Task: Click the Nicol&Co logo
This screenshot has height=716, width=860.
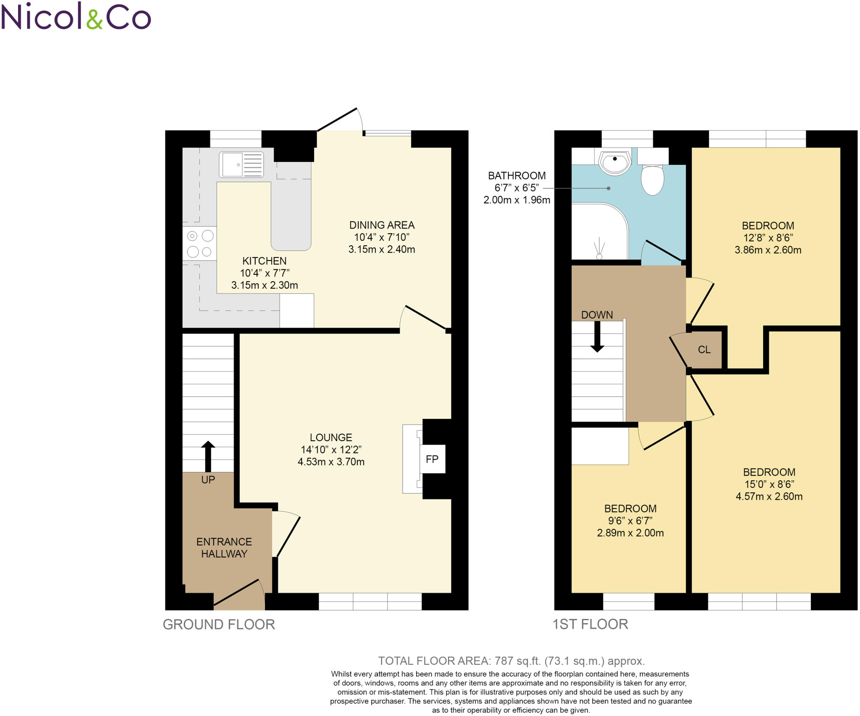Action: pyautogui.click(x=76, y=17)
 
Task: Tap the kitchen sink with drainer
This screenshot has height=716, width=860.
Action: pyautogui.click(x=241, y=164)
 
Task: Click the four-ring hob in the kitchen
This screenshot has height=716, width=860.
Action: pyautogui.click(x=200, y=243)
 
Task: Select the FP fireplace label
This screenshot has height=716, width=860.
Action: pyautogui.click(x=432, y=459)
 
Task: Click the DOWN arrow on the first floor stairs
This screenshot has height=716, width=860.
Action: pyautogui.click(x=597, y=336)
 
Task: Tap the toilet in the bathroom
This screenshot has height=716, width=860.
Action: pyautogui.click(x=652, y=179)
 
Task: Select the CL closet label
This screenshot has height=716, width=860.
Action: pyautogui.click(x=704, y=350)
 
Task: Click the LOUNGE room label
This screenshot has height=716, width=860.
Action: pyautogui.click(x=331, y=437)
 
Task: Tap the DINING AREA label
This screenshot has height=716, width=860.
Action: pyautogui.click(x=382, y=225)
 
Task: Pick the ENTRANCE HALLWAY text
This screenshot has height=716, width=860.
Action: pyautogui.click(x=224, y=548)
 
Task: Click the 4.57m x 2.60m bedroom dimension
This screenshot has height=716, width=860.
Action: pyautogui.click(x=769, y=496)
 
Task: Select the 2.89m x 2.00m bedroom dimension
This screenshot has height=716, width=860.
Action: pyautogui.click(x=630, y=533)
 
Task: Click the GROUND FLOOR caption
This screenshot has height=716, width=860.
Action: pyautogui.click(x=219, y=624)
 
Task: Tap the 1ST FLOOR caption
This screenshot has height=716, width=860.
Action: pyautogui.click(x=590, y=624)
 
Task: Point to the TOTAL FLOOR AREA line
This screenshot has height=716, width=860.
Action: pyautogui.click(x=511, y=661)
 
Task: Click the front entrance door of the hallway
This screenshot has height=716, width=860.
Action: pyautogui.click(x=239, y=594)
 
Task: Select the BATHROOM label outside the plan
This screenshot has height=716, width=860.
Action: pyautogui.click(x=517, y=176)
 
